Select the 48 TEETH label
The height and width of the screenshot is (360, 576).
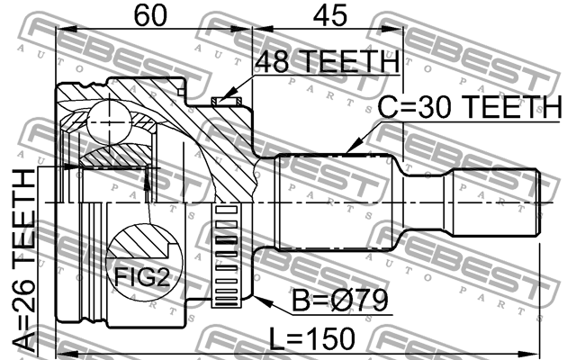327,62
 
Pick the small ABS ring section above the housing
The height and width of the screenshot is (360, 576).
221,101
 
